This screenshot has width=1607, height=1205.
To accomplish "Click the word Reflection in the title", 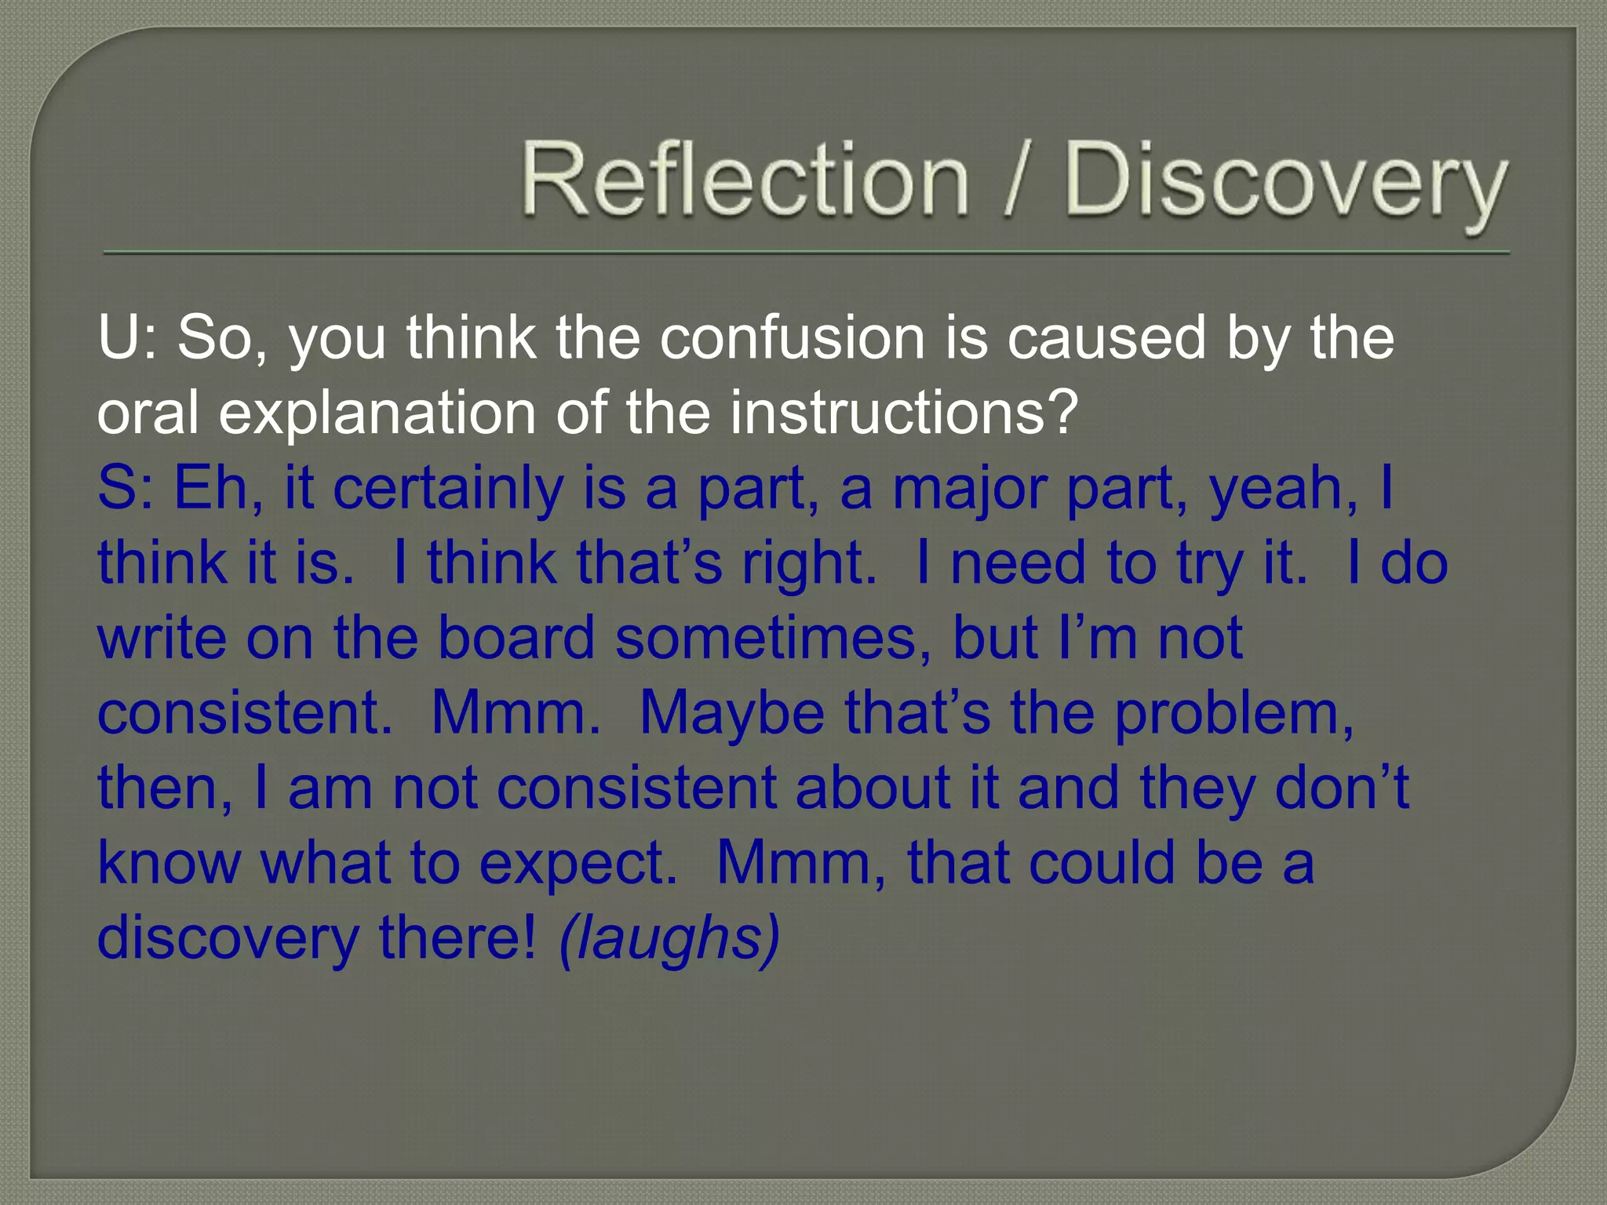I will (x=744, y=179).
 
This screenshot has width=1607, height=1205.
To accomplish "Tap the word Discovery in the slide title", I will (x=1285, y=180).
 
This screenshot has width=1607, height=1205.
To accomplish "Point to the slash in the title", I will (x=1015, y=180).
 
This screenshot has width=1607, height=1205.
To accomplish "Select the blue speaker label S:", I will (x=125, y=488).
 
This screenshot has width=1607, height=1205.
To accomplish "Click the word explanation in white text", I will (x=377, y=413).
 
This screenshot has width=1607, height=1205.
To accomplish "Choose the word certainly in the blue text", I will (x=448, y=488).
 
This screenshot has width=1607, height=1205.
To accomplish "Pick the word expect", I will (x=578, y=863).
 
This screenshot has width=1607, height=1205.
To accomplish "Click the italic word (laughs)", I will (x=669, y=938).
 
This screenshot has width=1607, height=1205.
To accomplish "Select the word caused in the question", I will (x=1106, y=338).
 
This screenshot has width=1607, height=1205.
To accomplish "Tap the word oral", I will (x=148, y=413).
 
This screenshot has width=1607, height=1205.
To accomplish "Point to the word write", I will (x=162, y=638).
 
